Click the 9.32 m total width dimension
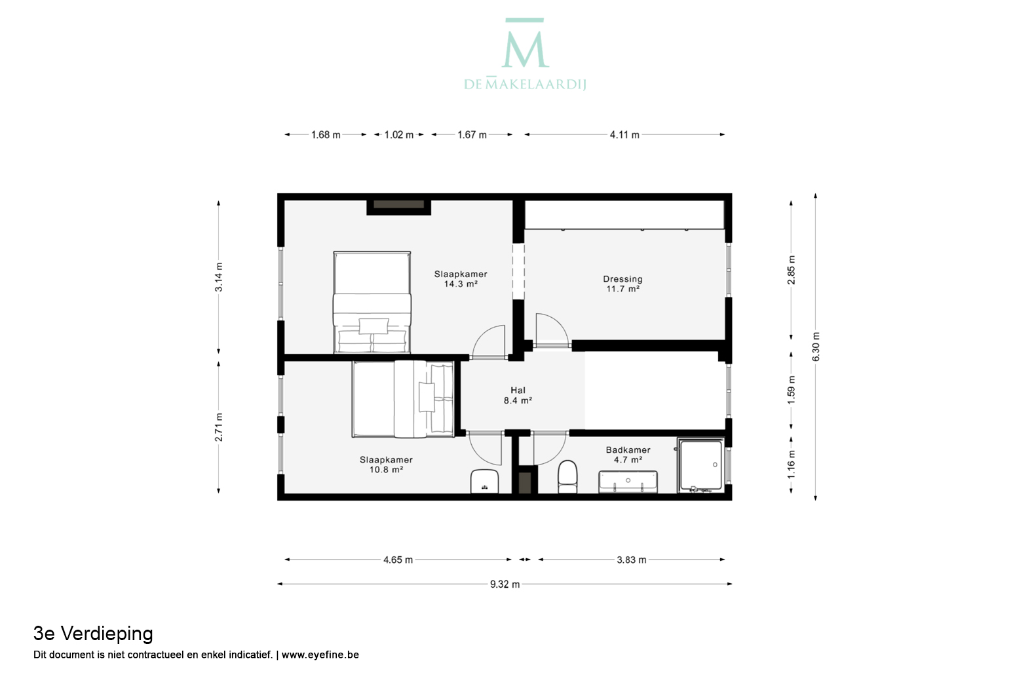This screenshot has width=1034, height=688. pyautogui.click(x=505, y=584)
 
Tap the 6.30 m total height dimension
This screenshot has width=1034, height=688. pyautogui.click(x=816, y=347)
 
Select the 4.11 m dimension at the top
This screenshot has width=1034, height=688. pyautogui.click(x=624, y=135)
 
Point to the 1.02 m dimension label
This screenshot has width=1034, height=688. pyautogui.click(x=399, y=135)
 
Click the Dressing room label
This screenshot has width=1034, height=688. pyautogui.click(x=622, y=284)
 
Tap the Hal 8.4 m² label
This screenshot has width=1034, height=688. pyautogui.click(x=518, y=396)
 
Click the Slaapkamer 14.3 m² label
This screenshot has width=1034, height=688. pyautogui.click(x=461, y=279)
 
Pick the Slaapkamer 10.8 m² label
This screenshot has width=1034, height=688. pyautogui.click(x=387, y=465)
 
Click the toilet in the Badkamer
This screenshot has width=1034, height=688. pyautogui.click(x=567, y=477)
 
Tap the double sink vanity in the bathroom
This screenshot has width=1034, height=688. pyautogui.click(x=628, y=482)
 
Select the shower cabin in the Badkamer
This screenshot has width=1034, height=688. pyautogui.click(x=700, y=465)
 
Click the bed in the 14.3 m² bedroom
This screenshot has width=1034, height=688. pyautogui.click(x=372, y=303)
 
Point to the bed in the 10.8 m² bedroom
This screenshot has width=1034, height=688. pyautogui.click(x=403, y=399)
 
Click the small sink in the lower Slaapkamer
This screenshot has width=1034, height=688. pyautogui.click(x=485, y=482)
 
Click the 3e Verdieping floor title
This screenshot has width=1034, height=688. pyautogui.click(x=93, y=634)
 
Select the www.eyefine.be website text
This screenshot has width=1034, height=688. pyautogui.click(x=320, y=655)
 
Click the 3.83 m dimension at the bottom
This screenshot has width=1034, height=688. pyautogui.click(x=632, y=560)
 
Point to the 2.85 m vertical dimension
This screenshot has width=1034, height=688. pyautogui.click(x=791, y=270)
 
